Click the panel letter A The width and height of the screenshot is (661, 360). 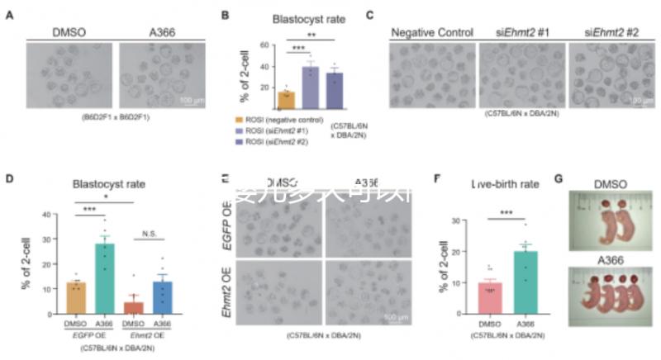click(x=9, y=15)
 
